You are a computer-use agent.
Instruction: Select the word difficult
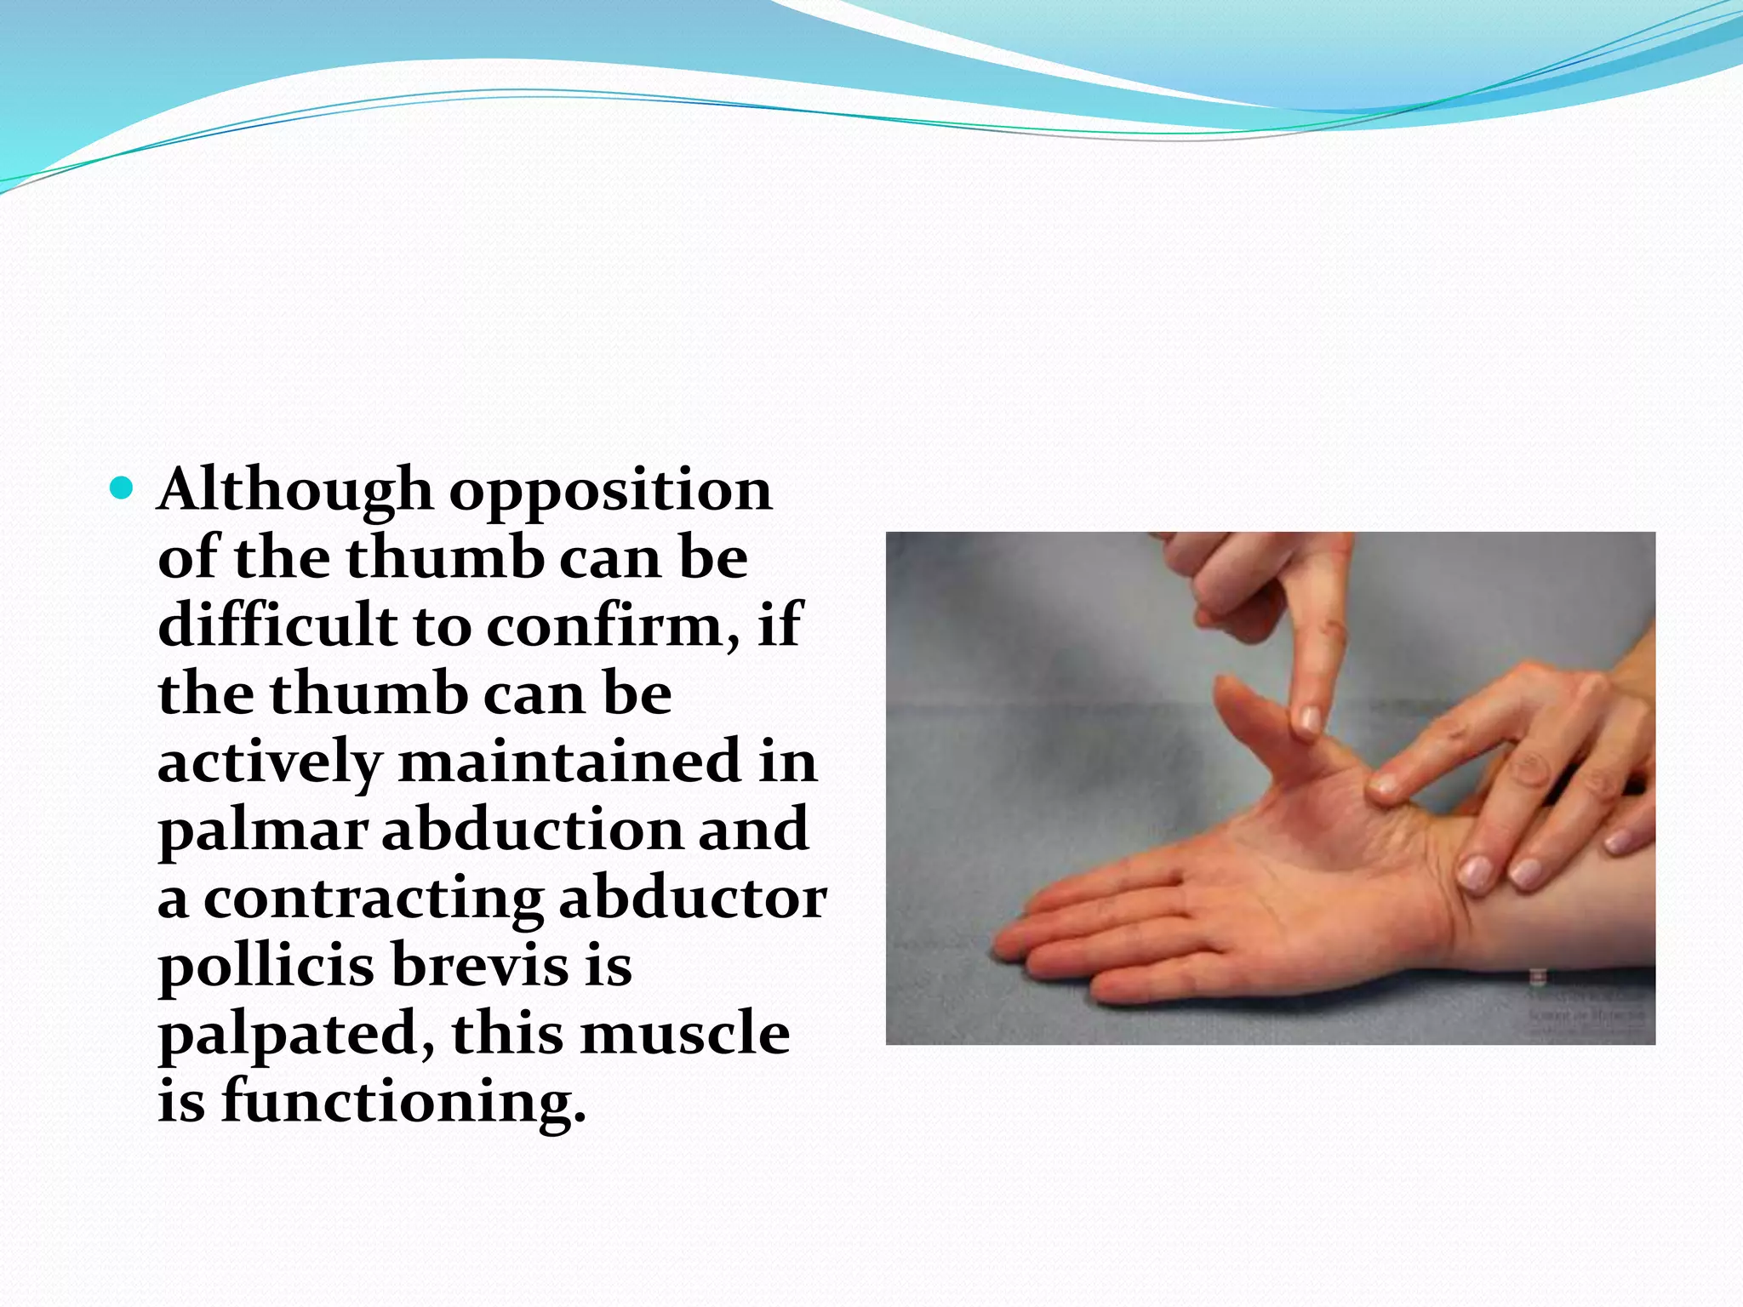(x=277, y=625)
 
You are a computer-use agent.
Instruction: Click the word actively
(x=269, y=762)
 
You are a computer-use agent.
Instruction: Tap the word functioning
(x=404, y=1103)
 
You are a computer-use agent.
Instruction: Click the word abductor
(x=692, y=898)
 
